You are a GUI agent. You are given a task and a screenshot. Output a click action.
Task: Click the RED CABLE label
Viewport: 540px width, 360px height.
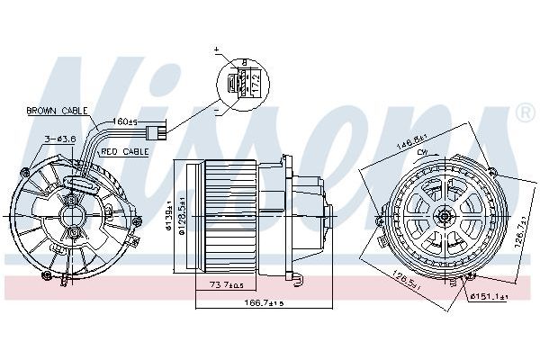point(125,152)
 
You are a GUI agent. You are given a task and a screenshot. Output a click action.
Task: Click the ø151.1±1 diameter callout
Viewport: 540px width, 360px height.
point(490,294)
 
